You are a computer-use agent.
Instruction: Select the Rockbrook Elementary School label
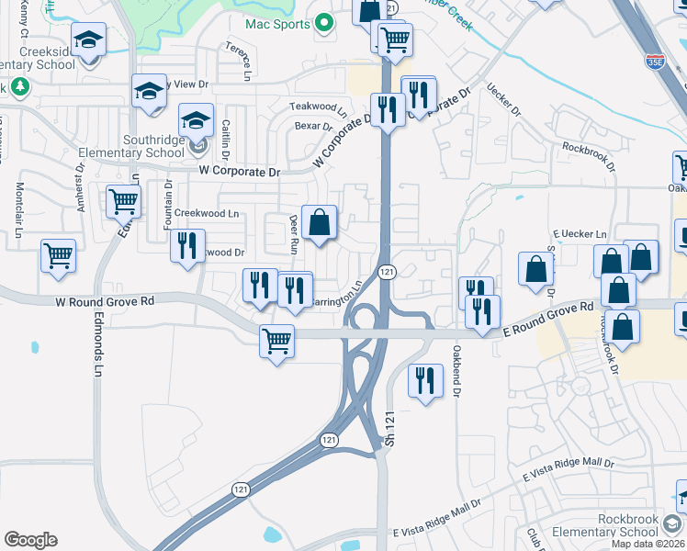click(627, 525)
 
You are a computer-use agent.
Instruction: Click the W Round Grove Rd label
click(103, 300)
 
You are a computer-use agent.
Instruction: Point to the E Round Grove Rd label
click(546, 320)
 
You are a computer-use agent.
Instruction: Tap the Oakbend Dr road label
click(456, 371)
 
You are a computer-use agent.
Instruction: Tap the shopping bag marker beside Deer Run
click(319, 223)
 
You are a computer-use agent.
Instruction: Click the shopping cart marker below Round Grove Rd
click(276, 343)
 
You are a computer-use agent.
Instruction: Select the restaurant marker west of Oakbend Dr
click(423, 382)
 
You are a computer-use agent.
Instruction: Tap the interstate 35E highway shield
click(655, 62)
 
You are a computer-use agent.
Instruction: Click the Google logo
click(30, 540)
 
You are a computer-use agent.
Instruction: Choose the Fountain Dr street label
click(169, 205)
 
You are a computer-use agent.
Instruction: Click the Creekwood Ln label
click(207, 213)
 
